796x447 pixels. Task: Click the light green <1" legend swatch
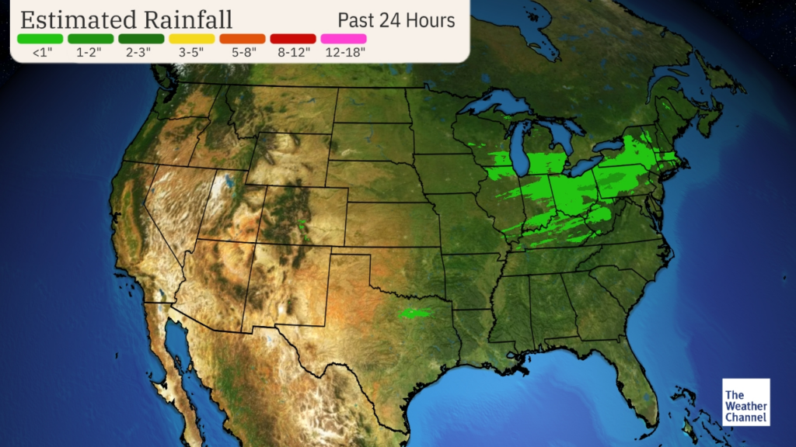tap(40, 38)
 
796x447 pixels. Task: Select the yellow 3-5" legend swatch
tap(191, 38)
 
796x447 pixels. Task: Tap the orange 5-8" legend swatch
tap(242, 38)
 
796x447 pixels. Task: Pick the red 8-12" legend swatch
tap(293, 38)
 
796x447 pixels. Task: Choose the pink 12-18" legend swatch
tap(343, 38)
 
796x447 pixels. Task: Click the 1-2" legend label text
tap(90, 53)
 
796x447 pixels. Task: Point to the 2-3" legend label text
tap(141, 53)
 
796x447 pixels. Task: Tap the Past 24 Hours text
tap(396, 19)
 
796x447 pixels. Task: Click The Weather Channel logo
tap(745, 402)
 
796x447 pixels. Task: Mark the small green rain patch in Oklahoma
tap(414, 314)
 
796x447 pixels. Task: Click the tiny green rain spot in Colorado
tap(303, 226)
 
